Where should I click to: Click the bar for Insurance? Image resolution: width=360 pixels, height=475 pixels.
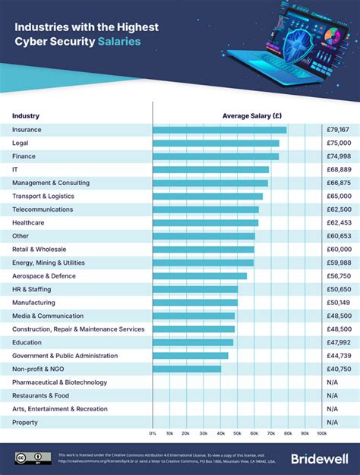219,130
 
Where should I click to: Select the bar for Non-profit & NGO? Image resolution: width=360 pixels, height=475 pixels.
187,369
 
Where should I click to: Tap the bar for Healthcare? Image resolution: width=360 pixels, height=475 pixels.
205,222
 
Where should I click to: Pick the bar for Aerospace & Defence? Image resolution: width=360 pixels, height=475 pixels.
200,276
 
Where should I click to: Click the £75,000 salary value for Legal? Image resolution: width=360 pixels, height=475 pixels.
338,143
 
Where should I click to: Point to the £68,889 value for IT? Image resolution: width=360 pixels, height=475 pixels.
338,169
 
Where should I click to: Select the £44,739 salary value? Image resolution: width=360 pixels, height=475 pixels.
338,356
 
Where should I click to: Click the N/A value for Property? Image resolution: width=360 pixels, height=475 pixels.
332,422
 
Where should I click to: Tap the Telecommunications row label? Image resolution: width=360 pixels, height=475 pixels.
43,209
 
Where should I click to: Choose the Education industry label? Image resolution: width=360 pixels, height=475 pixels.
28,342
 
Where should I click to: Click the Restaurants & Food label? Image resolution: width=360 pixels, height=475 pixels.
40,395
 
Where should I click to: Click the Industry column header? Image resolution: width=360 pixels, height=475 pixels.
26,116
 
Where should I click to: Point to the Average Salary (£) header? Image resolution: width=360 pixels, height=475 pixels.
252,116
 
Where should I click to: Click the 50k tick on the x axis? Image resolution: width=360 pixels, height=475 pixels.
237,433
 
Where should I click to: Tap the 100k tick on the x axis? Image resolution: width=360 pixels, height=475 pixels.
321,433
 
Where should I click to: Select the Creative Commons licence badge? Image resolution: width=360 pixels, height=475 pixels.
33,458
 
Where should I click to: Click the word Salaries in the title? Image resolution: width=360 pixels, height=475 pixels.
118,42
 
